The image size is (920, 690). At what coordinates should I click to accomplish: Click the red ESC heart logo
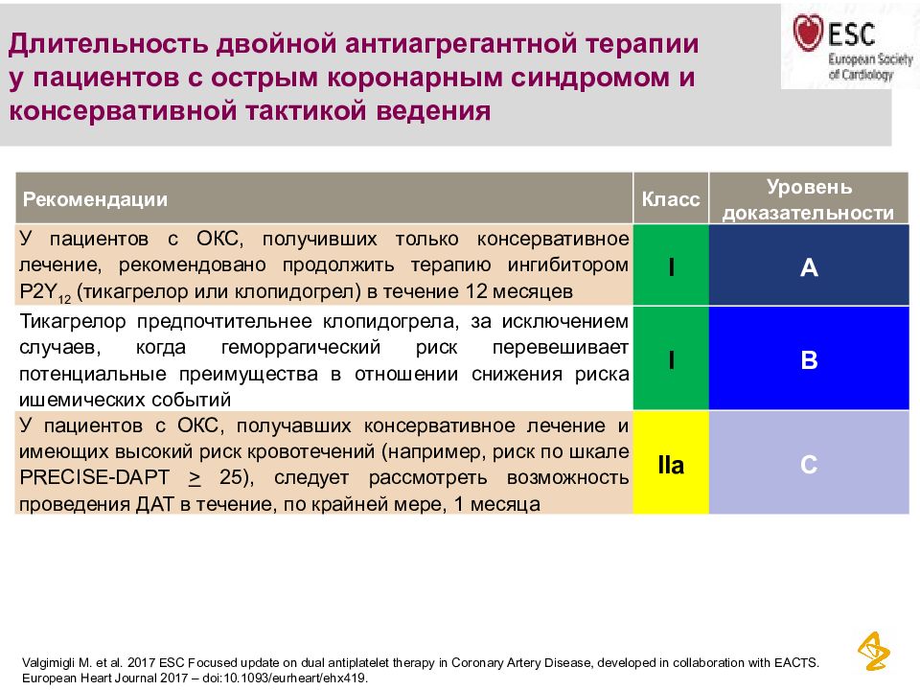[x=808, y=32]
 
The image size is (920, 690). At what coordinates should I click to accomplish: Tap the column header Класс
[x=671, y=199]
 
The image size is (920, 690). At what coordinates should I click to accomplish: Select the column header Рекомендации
[x=95, y=199]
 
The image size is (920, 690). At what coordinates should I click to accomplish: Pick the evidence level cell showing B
[x=809, y=358]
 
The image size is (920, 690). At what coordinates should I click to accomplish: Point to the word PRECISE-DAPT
[x=95, y=477]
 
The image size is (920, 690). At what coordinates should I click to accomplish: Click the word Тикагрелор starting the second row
[x=73, y=322]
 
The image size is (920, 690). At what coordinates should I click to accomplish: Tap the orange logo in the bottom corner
[x=874, y=652]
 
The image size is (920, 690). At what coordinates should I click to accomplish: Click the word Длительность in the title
[x=108, y=44]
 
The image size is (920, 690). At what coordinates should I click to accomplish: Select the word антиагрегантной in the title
[x=460, y=44]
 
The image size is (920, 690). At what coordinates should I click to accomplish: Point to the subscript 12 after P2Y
[x=64, y=299]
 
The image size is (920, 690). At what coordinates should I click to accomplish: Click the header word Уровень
[x=809, y=187]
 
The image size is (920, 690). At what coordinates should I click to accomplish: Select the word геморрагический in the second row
[x=300, y=347]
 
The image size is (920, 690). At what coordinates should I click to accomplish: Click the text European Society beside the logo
[x=871, y=59]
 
